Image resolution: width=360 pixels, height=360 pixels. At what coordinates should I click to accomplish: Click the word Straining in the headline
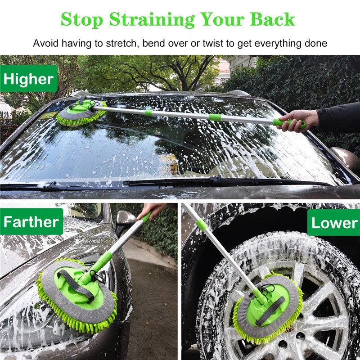pyautogui.click(x=153, y=20)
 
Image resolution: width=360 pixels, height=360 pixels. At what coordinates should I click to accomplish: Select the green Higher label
pyautogui.click(x=28, y=79)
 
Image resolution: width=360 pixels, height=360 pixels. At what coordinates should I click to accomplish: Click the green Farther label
pyautogui.click(x=31, y=222)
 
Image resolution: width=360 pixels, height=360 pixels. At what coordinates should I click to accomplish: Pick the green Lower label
pyautogui.click(x=334, y=223)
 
